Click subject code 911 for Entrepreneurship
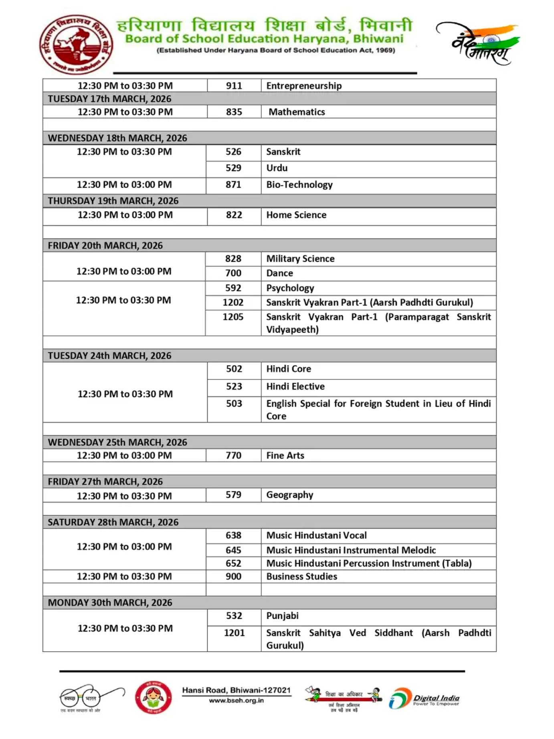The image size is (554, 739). (234, 86)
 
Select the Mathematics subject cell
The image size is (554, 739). (297, 112)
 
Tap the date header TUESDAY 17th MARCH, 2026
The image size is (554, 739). (109, 99)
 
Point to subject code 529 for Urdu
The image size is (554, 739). (233, 168)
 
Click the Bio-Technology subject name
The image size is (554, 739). (299, 185)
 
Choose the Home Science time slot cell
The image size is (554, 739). (125, 215)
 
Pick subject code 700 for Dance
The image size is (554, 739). (233, 273)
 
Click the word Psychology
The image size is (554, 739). (290, 288)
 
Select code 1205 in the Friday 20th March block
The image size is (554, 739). (233, 317)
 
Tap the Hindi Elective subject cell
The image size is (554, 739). (295, 387)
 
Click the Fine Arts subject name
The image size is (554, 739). (285, 456)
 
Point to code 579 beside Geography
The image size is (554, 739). (233, 495)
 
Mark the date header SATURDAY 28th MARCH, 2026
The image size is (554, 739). (113, 522)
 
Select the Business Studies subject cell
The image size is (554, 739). (302, 577)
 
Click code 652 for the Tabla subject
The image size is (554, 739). (233, 563)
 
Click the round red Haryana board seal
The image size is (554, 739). (76, 45)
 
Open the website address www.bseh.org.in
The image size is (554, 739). (236, 701)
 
